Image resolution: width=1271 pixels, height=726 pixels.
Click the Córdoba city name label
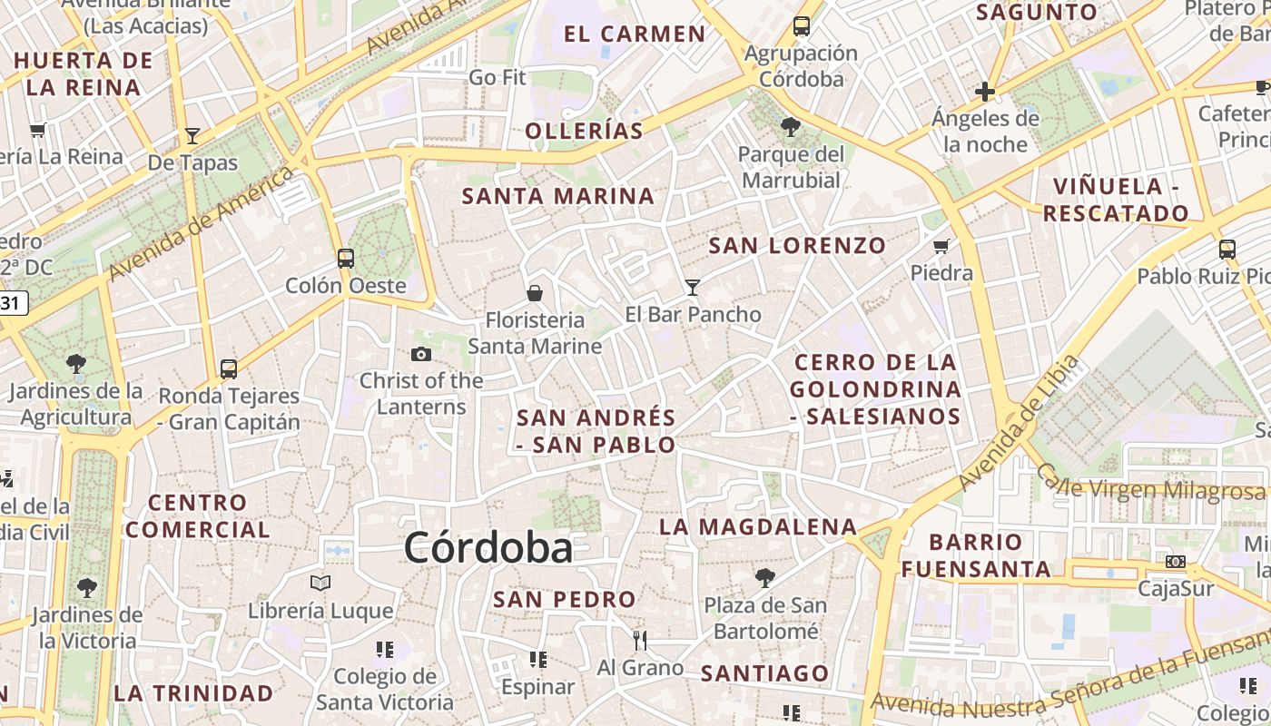[488, 548]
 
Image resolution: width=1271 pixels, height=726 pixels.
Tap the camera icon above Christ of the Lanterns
[421, 354]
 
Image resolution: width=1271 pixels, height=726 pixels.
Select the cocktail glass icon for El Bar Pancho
[693, 288]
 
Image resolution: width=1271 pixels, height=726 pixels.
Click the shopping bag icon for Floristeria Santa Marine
[535, 293]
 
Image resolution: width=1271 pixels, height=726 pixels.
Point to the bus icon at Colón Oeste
[346, 258]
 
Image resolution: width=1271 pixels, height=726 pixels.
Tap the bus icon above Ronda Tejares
[229, 368]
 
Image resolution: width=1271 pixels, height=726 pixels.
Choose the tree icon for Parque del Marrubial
[791, 127]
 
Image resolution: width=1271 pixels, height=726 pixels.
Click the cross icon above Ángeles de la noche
[985, 92]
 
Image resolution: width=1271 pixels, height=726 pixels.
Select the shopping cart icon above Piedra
[941, 246]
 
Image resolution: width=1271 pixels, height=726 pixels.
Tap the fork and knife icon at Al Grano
[640, 641]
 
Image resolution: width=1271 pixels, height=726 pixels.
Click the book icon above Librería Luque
[320, 584]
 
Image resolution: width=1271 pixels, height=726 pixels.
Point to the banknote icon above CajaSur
[1176, 563]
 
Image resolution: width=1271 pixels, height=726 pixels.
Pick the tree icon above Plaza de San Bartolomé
[765, 577]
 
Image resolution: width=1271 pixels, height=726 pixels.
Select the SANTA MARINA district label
[558, 196]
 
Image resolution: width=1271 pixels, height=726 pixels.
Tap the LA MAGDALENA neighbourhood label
[758, 526]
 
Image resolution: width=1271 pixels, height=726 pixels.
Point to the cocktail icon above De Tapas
[192, 136]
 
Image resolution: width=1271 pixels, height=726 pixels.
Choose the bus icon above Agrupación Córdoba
[802, 26]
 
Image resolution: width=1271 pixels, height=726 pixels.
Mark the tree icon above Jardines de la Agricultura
[76, 365]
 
